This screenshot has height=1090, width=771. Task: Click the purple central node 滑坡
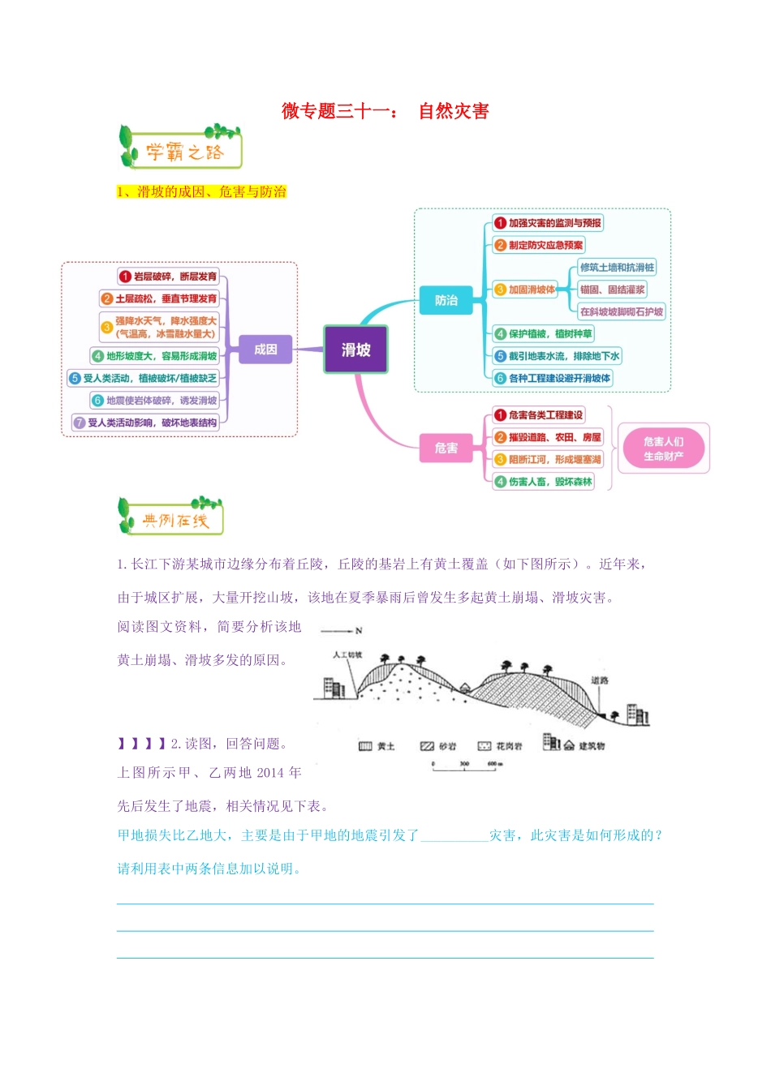355,350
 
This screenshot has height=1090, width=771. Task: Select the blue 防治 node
446,300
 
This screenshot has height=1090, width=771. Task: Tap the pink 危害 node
446,448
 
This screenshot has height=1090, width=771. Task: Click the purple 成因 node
265,350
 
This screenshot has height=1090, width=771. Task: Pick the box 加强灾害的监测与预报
548,223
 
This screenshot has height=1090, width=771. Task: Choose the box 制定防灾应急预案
538,245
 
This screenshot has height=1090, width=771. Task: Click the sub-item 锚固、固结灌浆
612,290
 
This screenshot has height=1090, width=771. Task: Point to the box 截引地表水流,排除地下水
557,356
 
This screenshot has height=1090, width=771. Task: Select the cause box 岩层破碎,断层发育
169,277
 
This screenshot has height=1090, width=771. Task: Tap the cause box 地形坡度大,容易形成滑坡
154,356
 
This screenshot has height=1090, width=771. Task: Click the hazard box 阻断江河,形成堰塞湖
548,460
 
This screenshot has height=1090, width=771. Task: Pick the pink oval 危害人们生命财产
663,448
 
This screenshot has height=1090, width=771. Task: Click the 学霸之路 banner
180,148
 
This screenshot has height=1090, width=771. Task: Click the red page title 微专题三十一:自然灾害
385,111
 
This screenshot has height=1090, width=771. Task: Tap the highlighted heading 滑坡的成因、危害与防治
201,192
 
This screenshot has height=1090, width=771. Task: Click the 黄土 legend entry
377,746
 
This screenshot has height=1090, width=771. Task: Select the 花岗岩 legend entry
501,746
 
